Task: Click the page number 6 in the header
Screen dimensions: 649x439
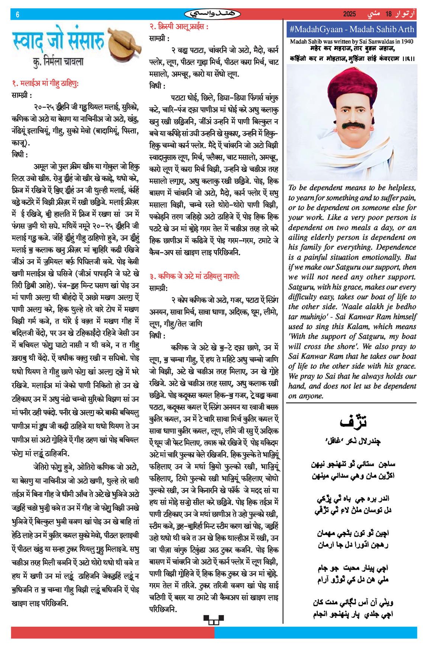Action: click(17, 15)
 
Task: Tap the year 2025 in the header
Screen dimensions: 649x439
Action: click(349, 14)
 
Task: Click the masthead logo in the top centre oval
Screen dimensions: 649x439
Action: click(212, 14)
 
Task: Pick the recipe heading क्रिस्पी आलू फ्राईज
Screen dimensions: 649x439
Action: click(179, 27)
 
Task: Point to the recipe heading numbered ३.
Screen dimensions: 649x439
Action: click(195, 276)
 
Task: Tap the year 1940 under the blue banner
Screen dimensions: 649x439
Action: click(406, 42)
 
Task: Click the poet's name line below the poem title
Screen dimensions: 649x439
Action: click(353, 441)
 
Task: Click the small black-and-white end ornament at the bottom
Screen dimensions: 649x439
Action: click(214, 619)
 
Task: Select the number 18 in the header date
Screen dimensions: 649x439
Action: click(388, 14)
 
